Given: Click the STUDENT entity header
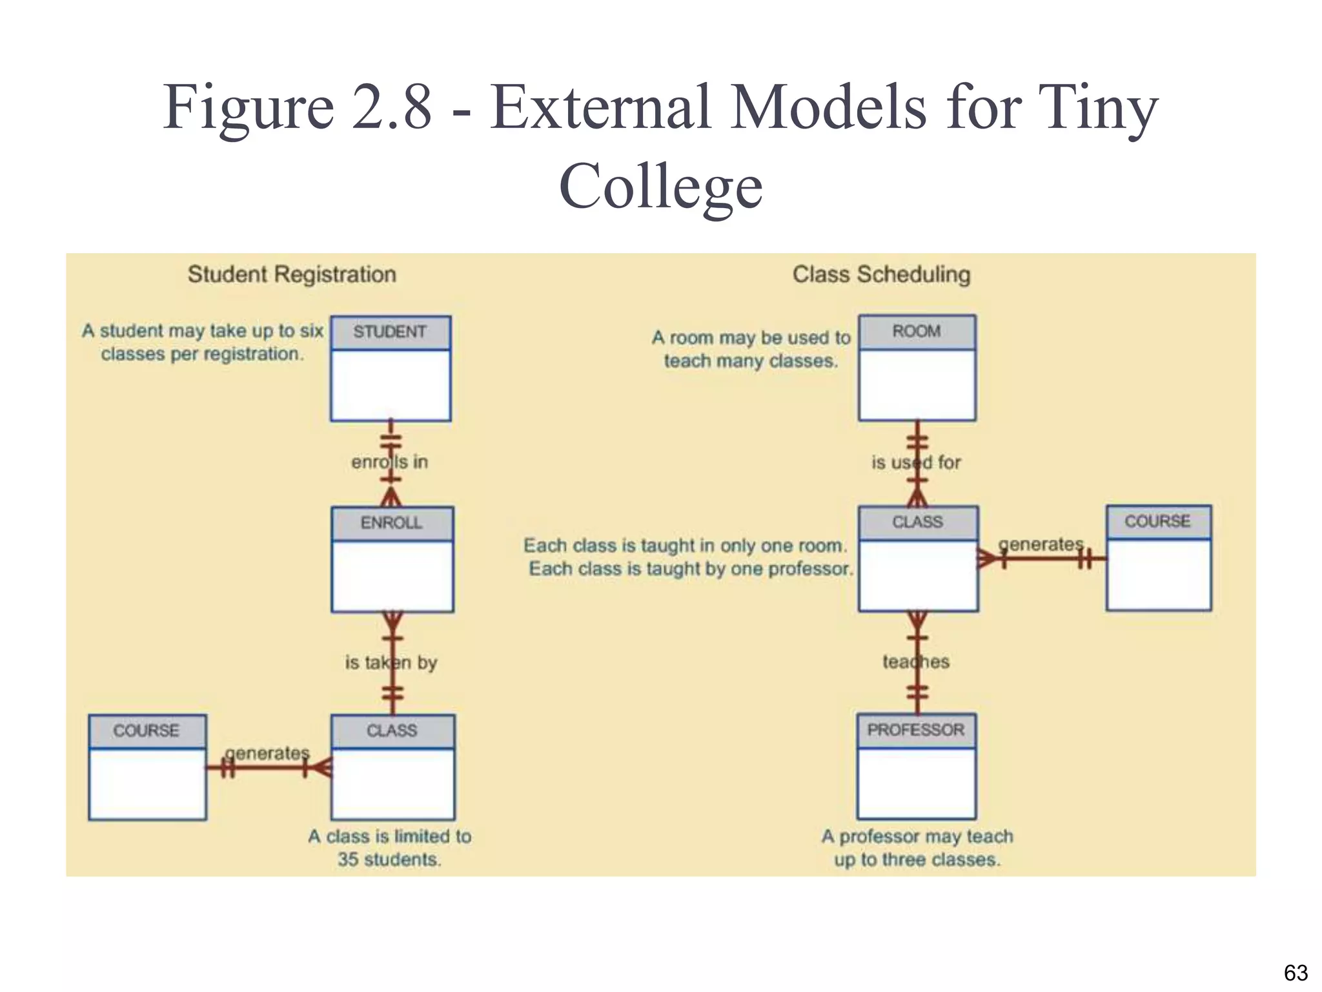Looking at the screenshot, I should (x=390, y=332).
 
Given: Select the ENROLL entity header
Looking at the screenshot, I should (x=392, y=522).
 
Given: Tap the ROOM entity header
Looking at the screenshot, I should (x=917, y=331).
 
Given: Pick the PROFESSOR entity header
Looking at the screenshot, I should (x=916, y=730).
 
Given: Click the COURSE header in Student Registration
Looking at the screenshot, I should (x=147, y=730).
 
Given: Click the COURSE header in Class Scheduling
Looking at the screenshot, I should (x=1158, y=521).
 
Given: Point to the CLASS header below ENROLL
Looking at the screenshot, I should (x=392, y=730).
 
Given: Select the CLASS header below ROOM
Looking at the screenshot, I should (x=917, y=522).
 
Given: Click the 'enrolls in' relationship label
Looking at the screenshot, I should (x=390, y=462).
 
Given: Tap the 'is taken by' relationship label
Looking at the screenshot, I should (x=391, y=663).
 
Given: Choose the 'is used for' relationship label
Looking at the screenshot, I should (x=916, y=462).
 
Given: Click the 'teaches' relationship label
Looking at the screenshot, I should (x=916, y=662).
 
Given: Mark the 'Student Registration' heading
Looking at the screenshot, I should (x=292, y=274).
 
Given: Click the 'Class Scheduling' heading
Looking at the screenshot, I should (x=882, y=274).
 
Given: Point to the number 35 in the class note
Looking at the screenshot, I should (x=348, y=860).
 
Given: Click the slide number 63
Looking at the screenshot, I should (x=1296, y=973).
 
